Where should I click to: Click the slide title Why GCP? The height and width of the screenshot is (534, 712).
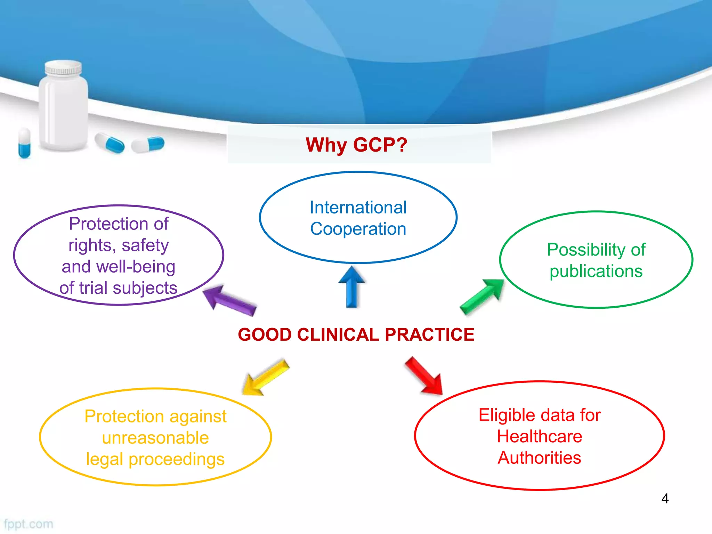tap(356, 145)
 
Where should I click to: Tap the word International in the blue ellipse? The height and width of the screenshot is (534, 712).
tap(358, 208)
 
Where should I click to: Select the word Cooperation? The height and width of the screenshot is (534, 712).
tap(358, 229)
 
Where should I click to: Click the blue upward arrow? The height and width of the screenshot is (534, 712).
tap(352, 287)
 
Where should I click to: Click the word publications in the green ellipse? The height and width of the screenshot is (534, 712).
tap(596, 271)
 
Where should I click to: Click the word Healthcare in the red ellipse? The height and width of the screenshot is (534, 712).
tap(539, 436)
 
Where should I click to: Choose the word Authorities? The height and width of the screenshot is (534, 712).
tap(539, 458)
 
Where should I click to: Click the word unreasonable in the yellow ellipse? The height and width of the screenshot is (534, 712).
tap(155, 438)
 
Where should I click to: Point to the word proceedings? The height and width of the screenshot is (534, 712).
tap(176, 460)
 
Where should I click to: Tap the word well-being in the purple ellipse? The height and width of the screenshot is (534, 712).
tap(136, 267)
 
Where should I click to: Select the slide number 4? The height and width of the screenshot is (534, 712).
tap(665, 499)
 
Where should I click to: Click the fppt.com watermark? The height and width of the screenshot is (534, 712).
tap(29, 524)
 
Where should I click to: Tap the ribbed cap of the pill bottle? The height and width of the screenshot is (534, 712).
tap(63, 67)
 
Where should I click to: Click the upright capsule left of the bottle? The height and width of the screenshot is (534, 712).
tap(24, 143)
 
